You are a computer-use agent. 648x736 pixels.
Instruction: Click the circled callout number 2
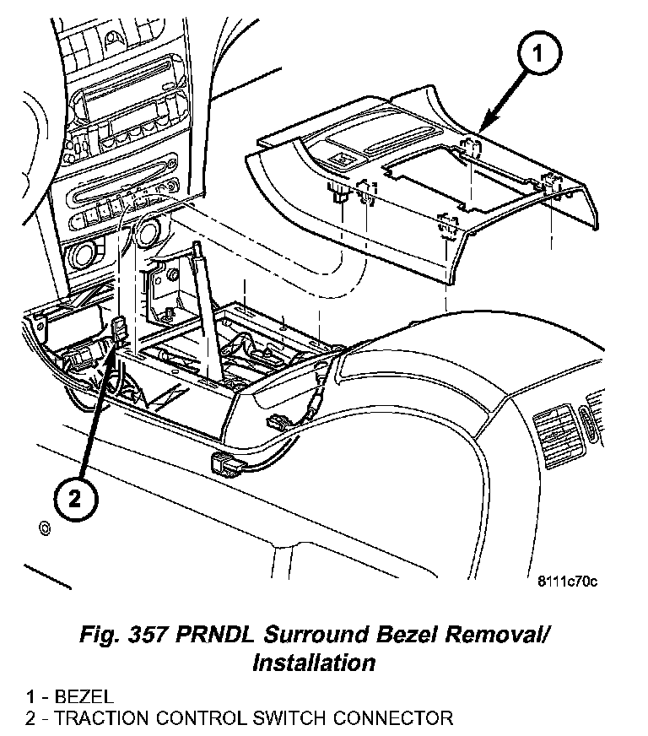[x=74, y=498]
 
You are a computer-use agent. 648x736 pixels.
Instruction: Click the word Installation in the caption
[x=314, y=663]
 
